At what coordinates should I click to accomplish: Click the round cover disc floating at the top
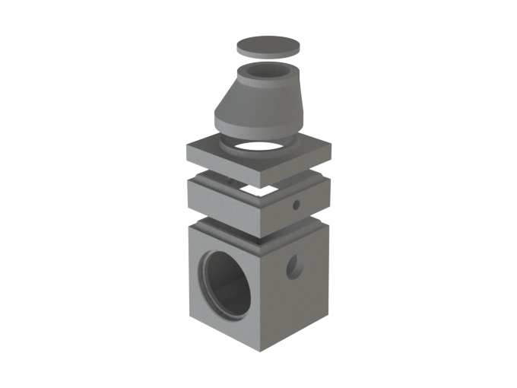(x=267, y=44)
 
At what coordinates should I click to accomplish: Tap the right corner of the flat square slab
(x=331, y=149)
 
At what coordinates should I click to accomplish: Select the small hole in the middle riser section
(x=297, y=204)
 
